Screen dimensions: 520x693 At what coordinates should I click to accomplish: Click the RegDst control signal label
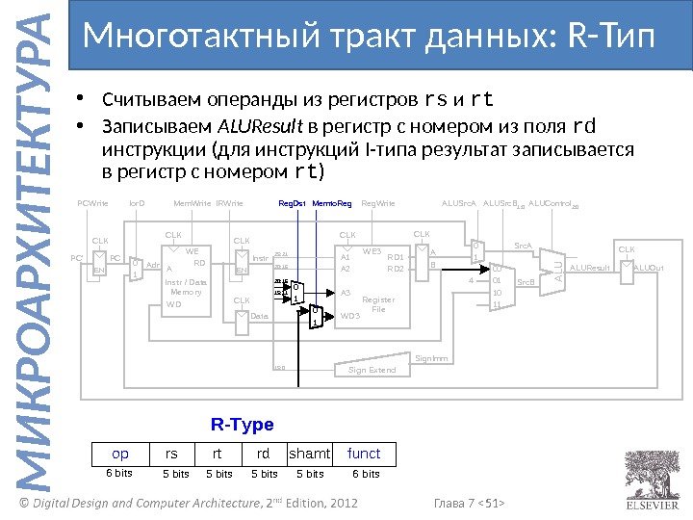point(292,204)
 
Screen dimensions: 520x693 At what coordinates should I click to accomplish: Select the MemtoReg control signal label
point(332,204)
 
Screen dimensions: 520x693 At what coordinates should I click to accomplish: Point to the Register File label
point(378,304)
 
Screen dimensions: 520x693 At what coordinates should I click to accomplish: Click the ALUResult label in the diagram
point(590,268)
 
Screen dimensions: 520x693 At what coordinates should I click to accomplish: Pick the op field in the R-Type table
point(121,454)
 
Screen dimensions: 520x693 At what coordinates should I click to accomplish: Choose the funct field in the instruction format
point(364,454)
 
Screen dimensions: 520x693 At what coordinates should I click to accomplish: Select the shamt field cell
point(310,454)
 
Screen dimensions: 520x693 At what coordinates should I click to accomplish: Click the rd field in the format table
point(263,454)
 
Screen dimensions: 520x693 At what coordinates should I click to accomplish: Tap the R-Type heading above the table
point(242,425)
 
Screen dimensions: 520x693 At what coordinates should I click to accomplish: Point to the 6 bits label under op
point(118,474)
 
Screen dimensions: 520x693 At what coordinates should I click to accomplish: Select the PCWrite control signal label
point(92,204)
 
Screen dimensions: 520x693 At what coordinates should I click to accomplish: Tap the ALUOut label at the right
point(649,268)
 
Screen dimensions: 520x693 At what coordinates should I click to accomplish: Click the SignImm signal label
point(431,358)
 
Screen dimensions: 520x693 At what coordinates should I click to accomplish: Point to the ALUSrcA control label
point(459,204)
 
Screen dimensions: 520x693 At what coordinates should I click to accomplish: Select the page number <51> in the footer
point(495,502)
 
